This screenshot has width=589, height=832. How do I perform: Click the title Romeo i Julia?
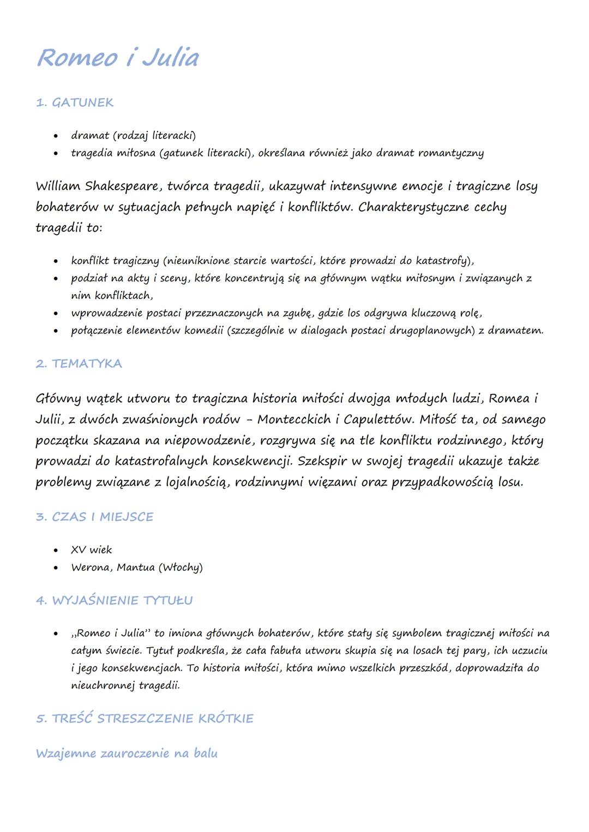pos(118,58)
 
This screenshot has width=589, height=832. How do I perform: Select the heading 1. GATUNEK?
pos(75,102)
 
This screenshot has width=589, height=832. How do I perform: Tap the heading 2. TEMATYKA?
pos(79,363)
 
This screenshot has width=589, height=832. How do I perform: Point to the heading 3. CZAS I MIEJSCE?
pos(95,517)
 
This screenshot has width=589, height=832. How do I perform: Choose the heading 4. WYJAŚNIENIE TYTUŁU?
pos(115,600)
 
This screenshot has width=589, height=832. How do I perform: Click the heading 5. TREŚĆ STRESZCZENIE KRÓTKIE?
pos(145,718)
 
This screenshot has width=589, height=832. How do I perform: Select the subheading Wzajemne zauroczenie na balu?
pos(127,754)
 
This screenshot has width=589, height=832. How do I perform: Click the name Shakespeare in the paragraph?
pos(123,186)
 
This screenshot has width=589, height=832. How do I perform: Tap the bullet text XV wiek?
pos(92,550)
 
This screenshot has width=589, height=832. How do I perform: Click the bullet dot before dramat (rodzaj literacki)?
pos(56,136)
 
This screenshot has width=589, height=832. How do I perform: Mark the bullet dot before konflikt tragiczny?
pos(56,261)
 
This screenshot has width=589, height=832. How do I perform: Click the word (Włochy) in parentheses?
pos(181,567)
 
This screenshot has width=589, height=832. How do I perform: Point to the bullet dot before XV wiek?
pos(56,550)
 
